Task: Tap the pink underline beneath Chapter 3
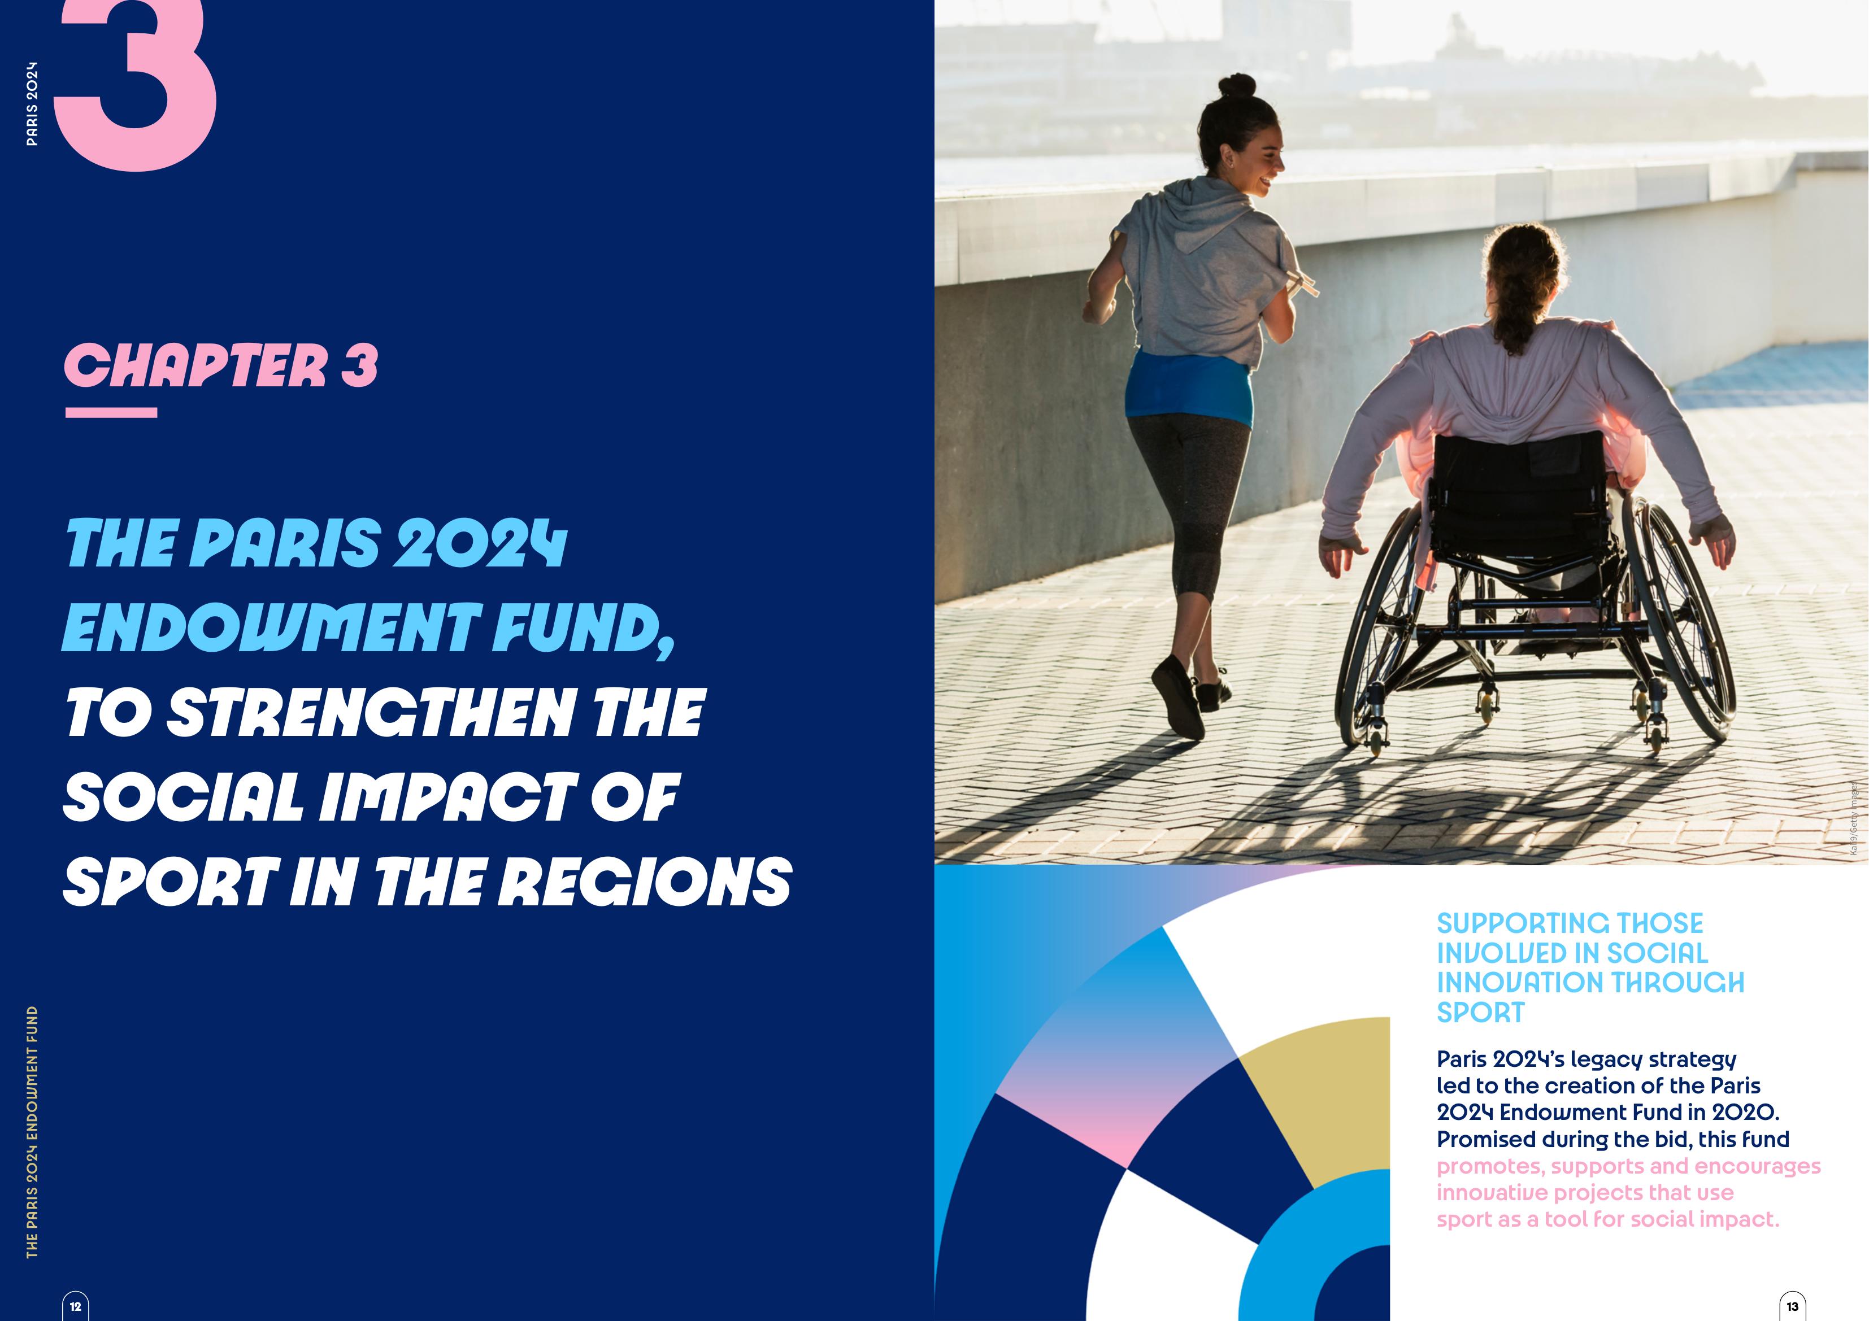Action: (111, 413)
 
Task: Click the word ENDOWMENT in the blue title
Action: (268, 629)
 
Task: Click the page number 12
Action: (76, 1306)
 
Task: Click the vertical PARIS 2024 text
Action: (32, 103)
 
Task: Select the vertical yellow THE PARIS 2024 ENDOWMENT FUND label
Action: (32, 1131)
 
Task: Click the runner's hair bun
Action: (1237, 85)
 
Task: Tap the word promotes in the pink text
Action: (1490, 1166)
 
